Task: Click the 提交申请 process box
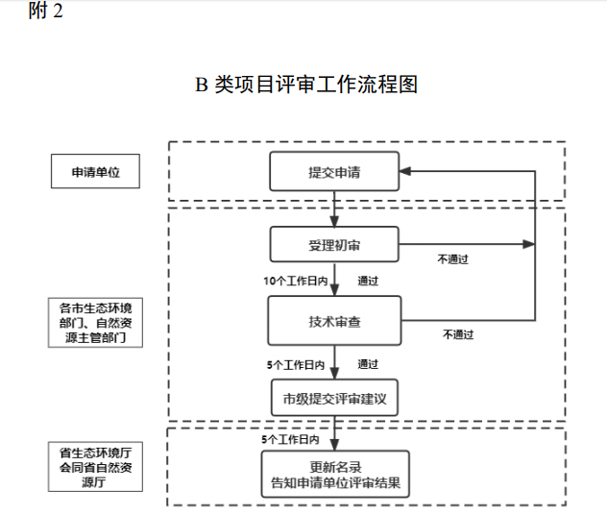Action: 333,173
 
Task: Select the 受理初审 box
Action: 333,244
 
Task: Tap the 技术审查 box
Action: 334,320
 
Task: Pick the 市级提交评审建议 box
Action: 334,396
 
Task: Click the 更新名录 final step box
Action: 334,475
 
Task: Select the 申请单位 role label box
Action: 95,173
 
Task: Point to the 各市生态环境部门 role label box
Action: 95,323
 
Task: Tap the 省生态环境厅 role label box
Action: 95,467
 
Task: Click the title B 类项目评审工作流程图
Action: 306,85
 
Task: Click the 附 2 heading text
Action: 47,12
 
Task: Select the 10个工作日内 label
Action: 295,281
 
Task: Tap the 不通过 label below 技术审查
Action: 458,334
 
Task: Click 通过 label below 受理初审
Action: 368,281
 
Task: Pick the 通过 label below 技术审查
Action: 368,364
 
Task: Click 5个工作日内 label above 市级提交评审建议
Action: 295,365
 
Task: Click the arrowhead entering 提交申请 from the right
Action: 405,172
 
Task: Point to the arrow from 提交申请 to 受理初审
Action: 334,208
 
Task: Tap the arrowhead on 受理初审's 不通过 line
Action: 527,244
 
